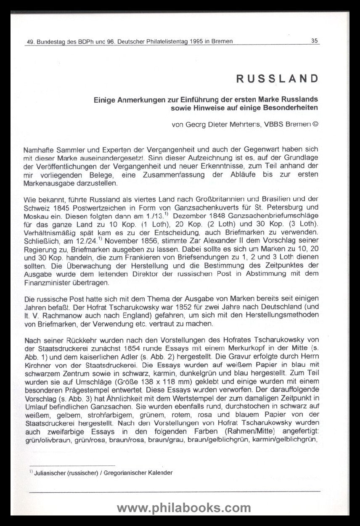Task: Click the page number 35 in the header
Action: click(315, 41)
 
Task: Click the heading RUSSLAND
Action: click(277, 79)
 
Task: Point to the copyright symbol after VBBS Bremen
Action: click(315, 125)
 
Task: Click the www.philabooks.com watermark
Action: click(184, 508)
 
